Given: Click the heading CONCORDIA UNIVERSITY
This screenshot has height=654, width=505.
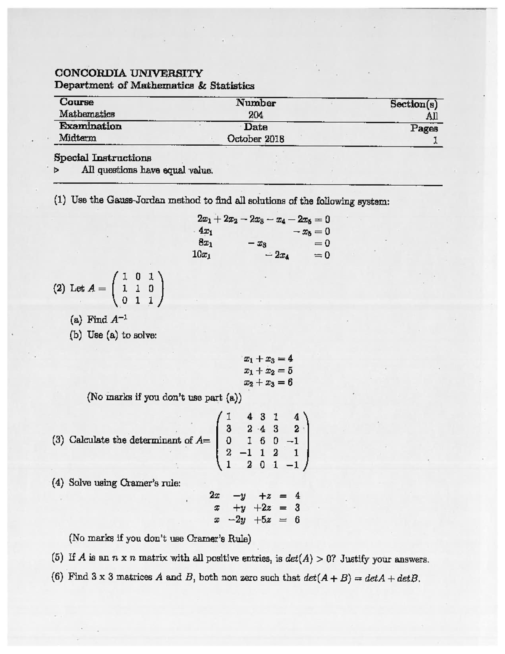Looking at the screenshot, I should click(129, 73).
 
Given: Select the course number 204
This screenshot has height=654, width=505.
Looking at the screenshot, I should click(255, 115).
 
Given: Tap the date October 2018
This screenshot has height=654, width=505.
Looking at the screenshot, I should click(255, 139).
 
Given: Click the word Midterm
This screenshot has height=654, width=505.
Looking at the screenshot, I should click(77, 138).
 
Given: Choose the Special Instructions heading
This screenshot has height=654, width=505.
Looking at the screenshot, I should click(103, 158).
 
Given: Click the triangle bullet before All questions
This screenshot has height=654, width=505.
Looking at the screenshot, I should click(57, 171).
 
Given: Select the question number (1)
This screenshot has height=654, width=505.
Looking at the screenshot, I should click(60, 200).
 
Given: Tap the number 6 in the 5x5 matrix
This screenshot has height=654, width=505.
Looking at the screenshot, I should click(263, 441).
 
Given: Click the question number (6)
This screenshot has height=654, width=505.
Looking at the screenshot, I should click(58, 577).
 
